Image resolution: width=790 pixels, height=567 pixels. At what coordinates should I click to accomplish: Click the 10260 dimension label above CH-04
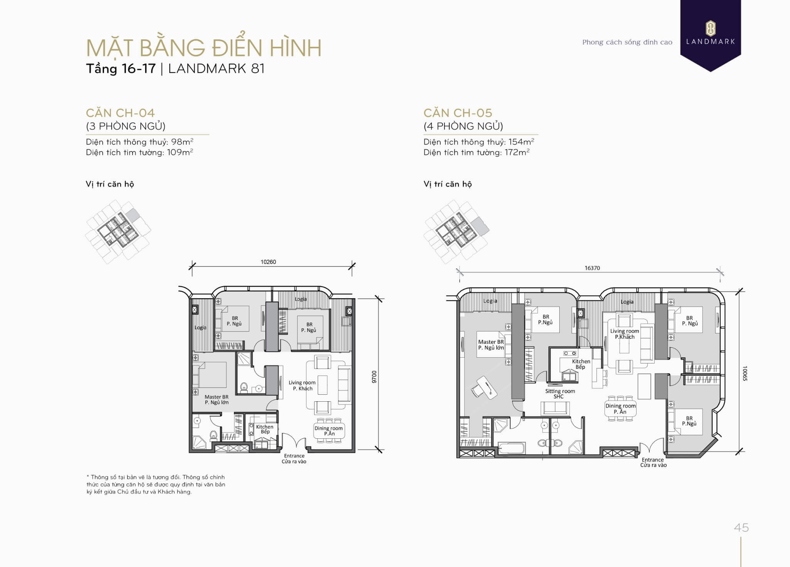tap(268, 262)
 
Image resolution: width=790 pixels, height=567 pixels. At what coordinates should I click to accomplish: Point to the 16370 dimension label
tap(592, 268)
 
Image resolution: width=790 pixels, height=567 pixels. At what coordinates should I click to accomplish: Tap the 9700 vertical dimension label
tap(374, 377)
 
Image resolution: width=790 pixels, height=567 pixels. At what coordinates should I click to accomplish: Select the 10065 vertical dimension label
tap(744, 373)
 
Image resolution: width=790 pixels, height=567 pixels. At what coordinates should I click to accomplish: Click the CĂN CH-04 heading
tap(120, 113)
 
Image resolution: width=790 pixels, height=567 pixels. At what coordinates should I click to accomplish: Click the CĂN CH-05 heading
tap(458, 113)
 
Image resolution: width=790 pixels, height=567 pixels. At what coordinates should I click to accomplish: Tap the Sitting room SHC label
tap(560, 394)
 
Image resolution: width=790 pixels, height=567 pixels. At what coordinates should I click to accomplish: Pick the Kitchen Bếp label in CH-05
tap(581, 364)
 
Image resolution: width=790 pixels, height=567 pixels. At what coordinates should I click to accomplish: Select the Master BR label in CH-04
tap(216, 399)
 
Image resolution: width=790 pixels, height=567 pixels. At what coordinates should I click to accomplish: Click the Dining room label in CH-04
tap(328, 430)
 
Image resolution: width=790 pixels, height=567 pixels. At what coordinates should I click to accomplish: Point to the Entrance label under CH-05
tap(653, 462)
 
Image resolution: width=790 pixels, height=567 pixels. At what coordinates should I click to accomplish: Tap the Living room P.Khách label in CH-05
tap(624, 334)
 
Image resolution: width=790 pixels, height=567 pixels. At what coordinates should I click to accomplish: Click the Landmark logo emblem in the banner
tap(710, 28)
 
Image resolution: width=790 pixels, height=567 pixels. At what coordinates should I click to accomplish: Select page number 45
tap(741, 528)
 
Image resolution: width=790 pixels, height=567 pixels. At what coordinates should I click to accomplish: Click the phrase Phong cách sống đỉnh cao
tap(627, 42)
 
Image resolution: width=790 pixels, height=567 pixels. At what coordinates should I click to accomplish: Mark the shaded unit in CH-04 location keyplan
tap(133, 215)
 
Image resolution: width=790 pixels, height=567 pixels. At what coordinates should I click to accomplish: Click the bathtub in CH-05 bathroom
tap(511, 448)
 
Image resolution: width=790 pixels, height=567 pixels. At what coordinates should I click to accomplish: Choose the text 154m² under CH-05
tap(521, 142)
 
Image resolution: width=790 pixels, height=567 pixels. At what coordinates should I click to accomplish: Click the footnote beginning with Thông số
tap(155, 484)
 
